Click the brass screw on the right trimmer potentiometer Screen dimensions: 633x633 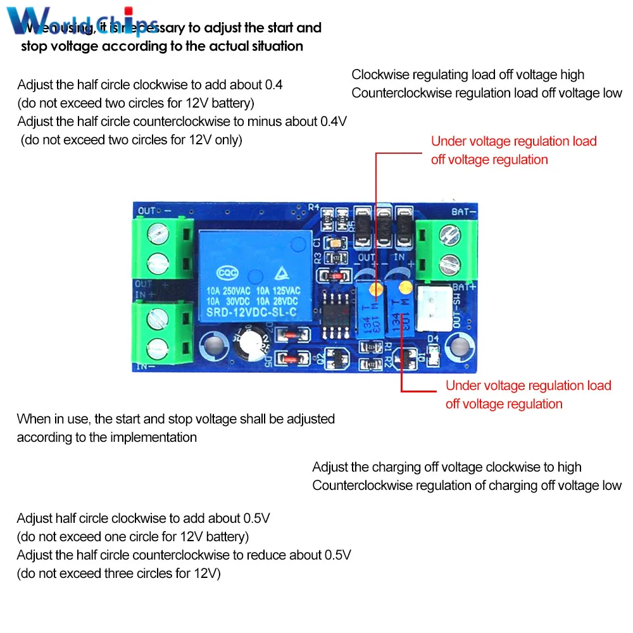401,287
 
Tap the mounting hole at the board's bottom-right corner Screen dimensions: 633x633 456,347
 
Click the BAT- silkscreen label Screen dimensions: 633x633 464,211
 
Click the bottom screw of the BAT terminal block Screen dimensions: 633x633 448,261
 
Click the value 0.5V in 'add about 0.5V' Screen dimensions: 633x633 257,518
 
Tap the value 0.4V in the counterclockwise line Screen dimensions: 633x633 333,122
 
